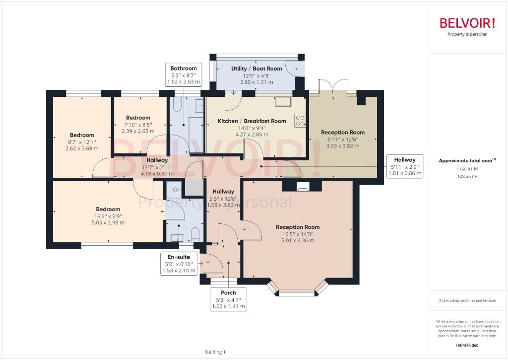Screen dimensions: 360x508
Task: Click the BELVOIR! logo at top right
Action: click(467, 23)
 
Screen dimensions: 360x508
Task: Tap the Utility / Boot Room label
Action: click(256, 69)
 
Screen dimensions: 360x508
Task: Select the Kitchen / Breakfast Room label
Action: click(252, 121)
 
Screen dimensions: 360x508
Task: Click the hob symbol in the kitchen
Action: click(300, 120)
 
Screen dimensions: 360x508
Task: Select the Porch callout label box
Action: click(228, 299)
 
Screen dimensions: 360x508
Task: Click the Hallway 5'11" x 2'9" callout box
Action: click(405, 167)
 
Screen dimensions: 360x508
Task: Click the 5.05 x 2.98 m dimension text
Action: click(108, 222)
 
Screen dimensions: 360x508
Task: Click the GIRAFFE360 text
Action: click(467, 345)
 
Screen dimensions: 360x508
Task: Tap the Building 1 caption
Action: click(215, 352)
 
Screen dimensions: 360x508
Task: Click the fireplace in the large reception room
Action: click(302, 187)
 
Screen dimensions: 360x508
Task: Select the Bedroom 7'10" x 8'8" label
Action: click(138, 118)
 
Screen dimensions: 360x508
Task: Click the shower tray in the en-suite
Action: click(174, 187)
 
